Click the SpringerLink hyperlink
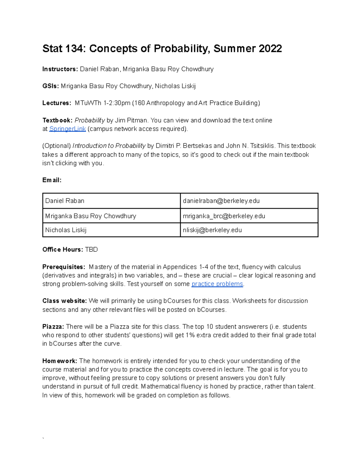(x=67, y=129)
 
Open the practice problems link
(x=217, y=284)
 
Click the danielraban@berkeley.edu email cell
(x=221, y=201)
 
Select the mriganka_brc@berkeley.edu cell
(x=224, y=216)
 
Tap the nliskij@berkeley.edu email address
(x=212, y=230)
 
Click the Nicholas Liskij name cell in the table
(x=66, y=230)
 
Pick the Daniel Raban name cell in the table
(x=64, y=201)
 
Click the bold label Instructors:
(x=60, y=69)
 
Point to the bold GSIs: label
(x=51, y=86)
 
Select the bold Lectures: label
(x=57, y=103)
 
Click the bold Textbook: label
(x=57, y=120)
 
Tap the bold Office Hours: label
(x=62, y=249)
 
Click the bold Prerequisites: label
(x=64, y=267)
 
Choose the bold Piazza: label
(x=53, y=326)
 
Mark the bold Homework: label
(x=60, y=361)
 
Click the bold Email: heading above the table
(x=52, y=180)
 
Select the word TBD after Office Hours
(x=91, y=249)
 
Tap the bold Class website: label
(x=64, y=301)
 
